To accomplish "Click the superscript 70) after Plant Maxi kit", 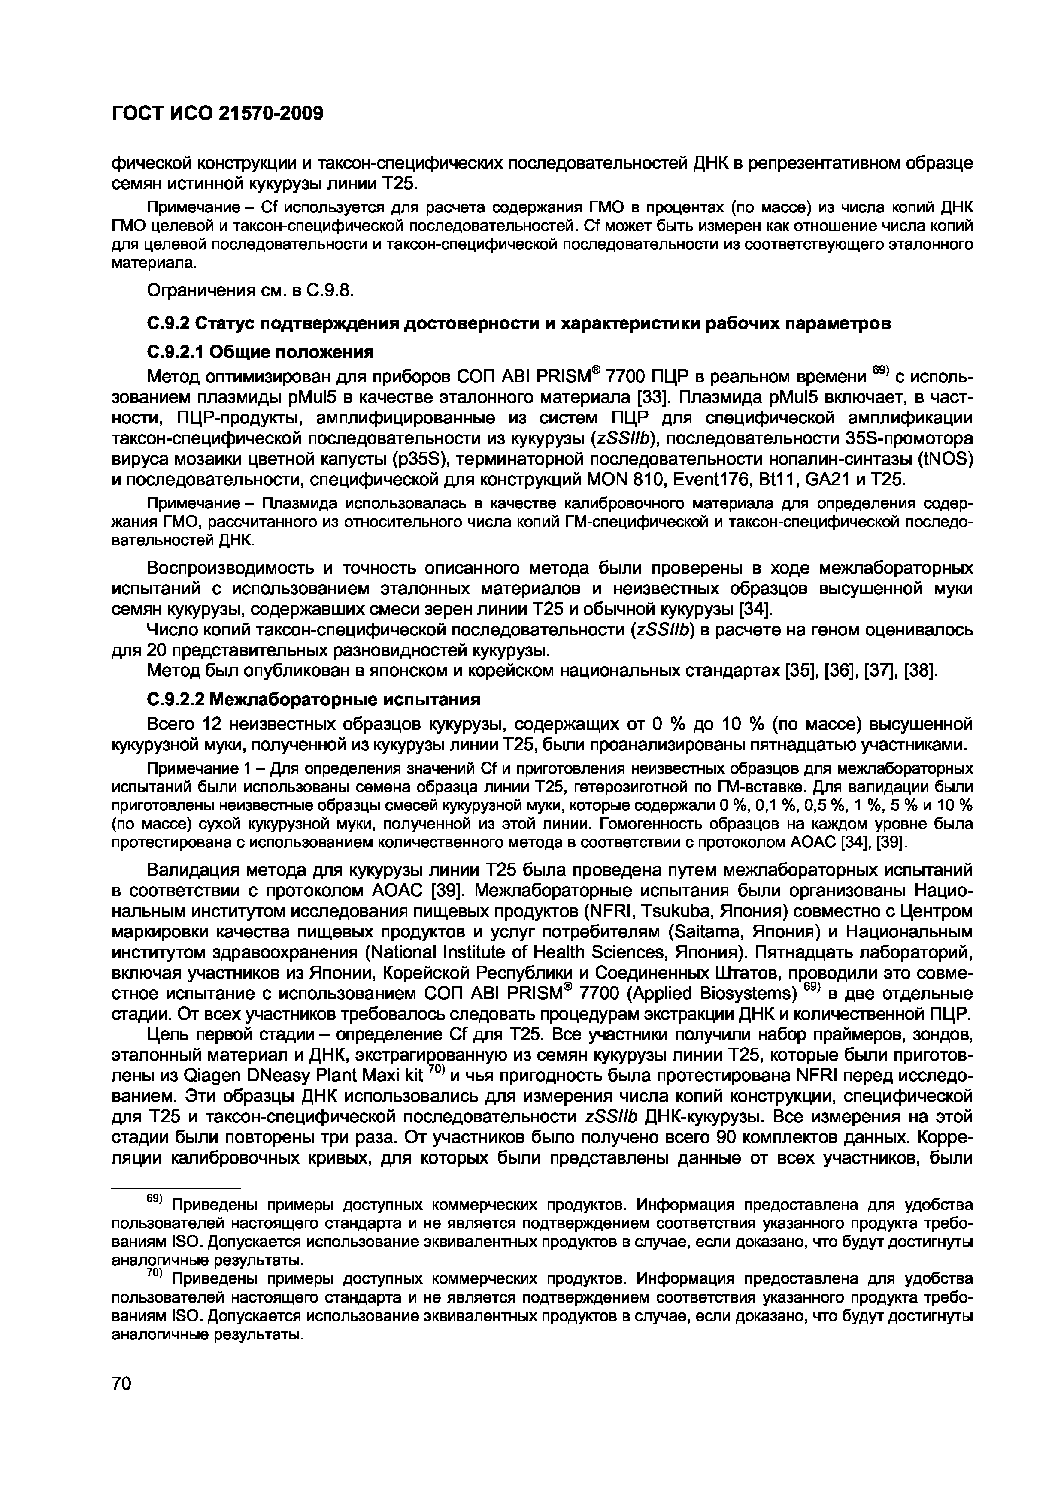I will [x=437, y=1071].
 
